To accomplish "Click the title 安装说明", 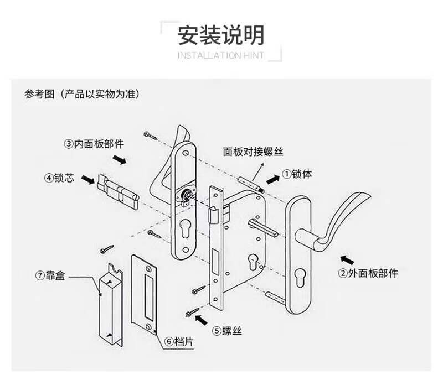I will point(221,35).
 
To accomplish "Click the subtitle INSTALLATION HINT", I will point(221,55).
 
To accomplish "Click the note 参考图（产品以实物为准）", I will point(81,93).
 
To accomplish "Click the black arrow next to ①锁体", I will point(272,179).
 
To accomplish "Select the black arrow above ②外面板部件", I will point(347,258).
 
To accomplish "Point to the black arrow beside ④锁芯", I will point(87,179).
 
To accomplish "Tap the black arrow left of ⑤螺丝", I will point(203,319).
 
